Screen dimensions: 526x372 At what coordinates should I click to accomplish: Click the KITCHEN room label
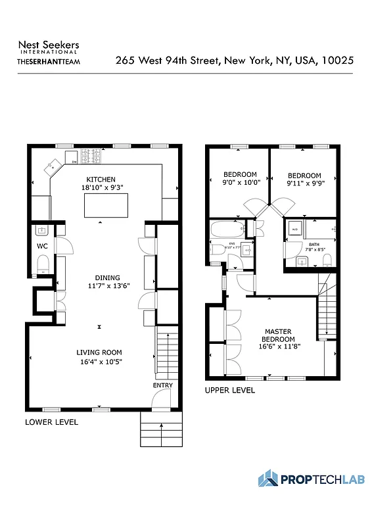pyautogui.click(x=101, y=179)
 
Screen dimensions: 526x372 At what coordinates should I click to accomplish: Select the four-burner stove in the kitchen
pyautogui.click(x=89, y=156)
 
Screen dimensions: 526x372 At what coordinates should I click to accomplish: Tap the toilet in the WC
pyautogui.click(x=43, y=264)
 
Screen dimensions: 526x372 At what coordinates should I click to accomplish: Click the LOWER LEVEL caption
pyautogui.click(x=51, y=422)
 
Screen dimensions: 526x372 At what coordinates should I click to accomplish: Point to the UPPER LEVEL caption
pyautogui.click(x=230, y=391)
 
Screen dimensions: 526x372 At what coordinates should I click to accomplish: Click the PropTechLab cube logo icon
pyautogui.click(x=267, y=478)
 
